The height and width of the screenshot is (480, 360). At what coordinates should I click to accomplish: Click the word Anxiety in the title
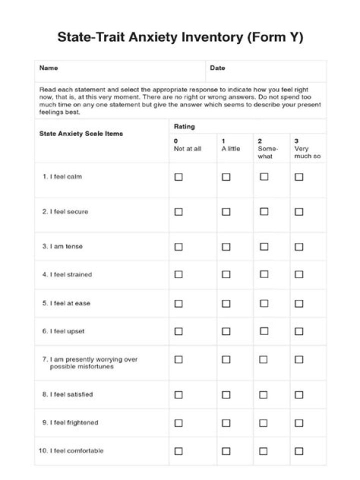[161, 37]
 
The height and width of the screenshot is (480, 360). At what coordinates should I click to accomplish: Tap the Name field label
[48, 68]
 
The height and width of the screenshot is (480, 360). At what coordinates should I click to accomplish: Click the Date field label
[217, 68]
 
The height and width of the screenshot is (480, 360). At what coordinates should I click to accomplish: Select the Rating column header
[184, 126]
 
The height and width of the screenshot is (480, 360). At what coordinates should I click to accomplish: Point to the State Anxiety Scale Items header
[81, 133]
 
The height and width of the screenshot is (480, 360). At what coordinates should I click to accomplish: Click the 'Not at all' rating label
[187, 148]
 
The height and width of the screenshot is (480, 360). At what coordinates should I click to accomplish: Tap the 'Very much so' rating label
[307, 152]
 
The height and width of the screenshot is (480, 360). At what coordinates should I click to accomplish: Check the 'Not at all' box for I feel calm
[178, 177]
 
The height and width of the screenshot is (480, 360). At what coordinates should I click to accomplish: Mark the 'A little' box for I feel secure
[226, 211]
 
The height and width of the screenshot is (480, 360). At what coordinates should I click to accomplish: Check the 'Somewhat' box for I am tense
[264, 246]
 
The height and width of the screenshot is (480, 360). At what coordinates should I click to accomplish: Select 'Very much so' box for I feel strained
[299, 274]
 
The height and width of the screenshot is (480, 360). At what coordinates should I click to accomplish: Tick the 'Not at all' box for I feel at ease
[178, 303]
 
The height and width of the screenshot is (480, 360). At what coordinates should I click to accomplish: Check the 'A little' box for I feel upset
[226, 331]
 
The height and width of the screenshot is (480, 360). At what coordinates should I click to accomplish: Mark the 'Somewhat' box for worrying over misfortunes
[264, 359]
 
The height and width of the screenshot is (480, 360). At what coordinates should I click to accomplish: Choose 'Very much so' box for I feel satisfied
[299, 395]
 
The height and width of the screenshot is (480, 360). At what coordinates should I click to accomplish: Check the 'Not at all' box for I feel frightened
[178, 423]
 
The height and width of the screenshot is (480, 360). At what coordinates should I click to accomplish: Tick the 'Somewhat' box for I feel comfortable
[264, 451]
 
